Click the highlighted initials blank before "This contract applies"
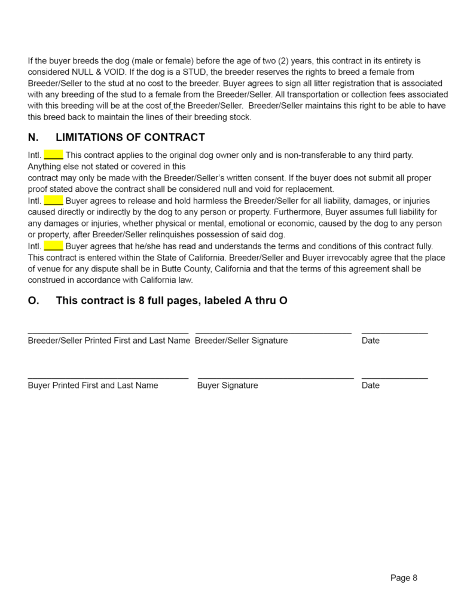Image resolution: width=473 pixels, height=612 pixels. (x=53, y=155)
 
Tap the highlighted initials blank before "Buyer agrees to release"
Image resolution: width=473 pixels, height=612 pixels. (x=53, y=200)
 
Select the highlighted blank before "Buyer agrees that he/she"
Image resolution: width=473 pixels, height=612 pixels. (x=53, y=246)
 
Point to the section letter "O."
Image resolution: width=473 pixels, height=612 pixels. (x=33, y=301)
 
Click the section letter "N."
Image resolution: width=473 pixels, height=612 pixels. (x=33, y=137)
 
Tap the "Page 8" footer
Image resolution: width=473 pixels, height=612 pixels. (x=404, y=577)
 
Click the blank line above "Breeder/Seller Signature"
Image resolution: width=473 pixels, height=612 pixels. (x=273, y=333)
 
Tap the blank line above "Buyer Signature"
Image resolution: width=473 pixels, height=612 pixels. (x=275, y=378)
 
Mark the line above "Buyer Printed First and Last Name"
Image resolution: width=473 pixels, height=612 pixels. (x=108, y=378)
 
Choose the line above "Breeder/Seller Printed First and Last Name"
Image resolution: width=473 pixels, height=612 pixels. (x=108, y=333)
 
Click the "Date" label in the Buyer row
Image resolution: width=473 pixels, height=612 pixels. (x=370, y=385)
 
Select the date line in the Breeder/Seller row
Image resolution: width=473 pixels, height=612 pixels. (x=395, y=333)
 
